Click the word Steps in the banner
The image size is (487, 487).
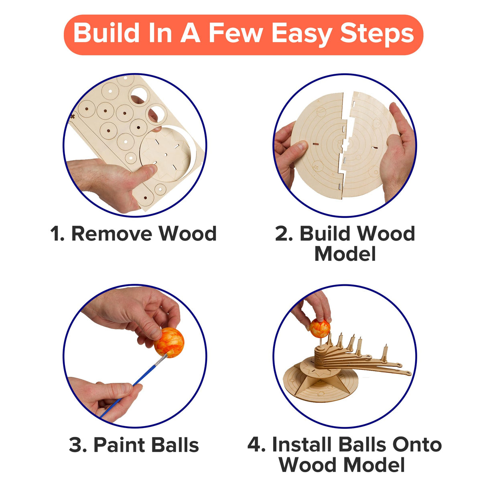(x=377, y=34)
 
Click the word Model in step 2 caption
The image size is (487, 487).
(x=345, y=254)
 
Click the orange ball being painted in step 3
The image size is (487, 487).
(x=169, y=342)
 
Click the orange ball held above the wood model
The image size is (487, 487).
(x=320, y=328)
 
